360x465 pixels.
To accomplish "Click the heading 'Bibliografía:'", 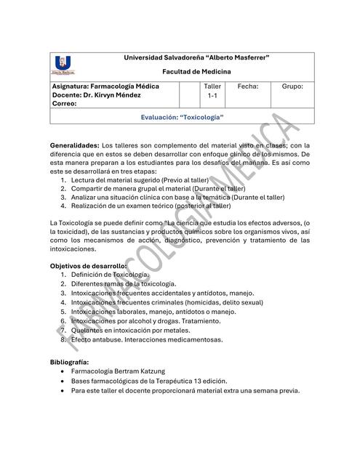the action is (x=69, y=361).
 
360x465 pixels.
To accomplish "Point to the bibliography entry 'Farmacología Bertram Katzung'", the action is (x=123, y=371).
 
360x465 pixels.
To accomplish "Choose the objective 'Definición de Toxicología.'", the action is (x=110, y=275).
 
